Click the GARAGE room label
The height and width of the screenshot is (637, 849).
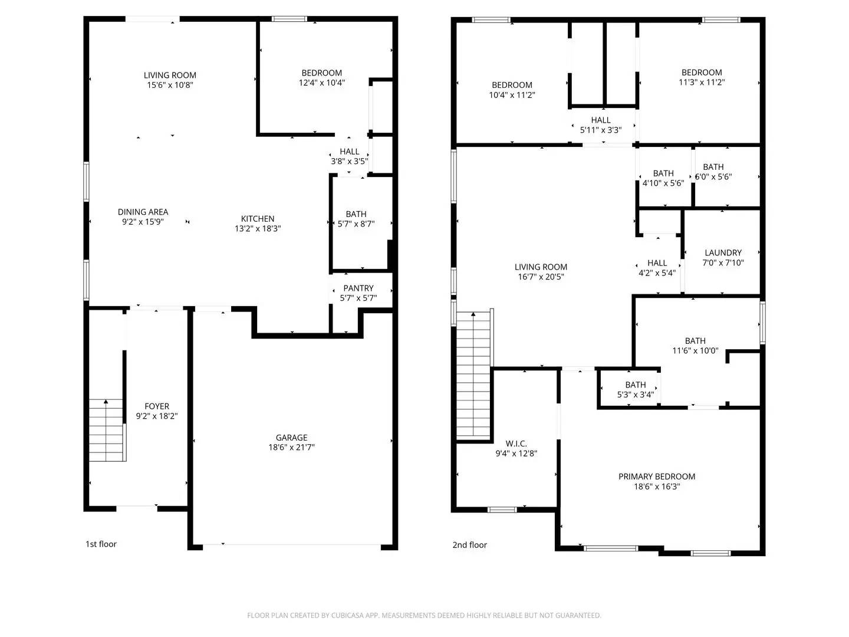[291, 438]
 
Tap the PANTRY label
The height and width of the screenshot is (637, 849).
[358, 288]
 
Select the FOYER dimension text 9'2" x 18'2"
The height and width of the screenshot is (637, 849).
[157, 416]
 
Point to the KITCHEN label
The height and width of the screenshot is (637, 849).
[258, 219]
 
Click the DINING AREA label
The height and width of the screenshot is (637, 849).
[143, 212]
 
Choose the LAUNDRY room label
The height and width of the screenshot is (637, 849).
[723, 252]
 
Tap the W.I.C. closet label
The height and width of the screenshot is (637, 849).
[516, 444]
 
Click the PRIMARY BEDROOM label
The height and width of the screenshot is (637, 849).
[657, 477]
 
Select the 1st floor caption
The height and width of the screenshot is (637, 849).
[101, 544]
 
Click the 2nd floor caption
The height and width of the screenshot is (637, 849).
[469, 545]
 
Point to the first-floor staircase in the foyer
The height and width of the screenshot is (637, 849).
[107, 431]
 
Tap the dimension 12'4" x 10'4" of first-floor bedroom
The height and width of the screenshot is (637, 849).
[322, 83]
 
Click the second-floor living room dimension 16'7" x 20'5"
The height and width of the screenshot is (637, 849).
[541, 277]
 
